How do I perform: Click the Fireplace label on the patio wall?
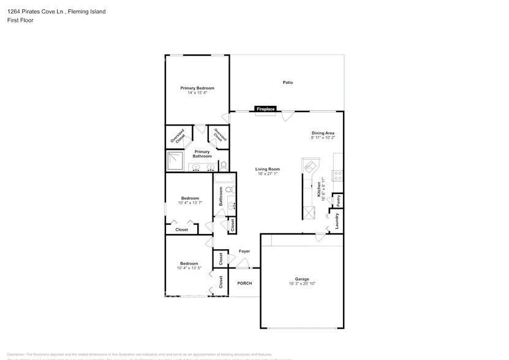coord(265,109)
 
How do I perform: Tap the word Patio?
coord(287,82)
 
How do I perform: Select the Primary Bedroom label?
coord(197,88)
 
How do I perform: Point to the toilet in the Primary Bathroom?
coord(223,165)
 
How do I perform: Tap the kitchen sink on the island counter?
coord(310,167)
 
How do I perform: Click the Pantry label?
coord(337,200)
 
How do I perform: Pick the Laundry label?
coord(337,221)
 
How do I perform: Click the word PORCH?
coord(244,283)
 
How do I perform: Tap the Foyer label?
coord(244,251)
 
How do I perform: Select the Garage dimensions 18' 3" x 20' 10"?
coord(302,283)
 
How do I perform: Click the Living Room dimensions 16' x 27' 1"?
coord(268,174)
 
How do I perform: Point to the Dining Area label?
coord(323,133)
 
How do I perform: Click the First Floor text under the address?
coord(21,20)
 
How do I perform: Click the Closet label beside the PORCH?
coord(221,282)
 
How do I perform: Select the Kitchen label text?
coord(319,193)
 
